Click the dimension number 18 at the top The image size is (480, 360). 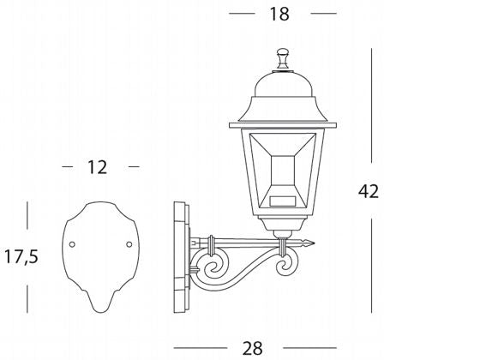tap(279, 13)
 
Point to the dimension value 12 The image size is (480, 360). tap(98, 167)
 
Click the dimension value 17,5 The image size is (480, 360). tap(21, 256)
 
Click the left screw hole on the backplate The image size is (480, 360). tap(72, 244)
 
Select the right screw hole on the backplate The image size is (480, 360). tap(129, 244)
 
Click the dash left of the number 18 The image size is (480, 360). tap(243, 14)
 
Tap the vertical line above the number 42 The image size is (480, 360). tap(370, 103)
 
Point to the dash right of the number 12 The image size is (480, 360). tap(132, 167)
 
